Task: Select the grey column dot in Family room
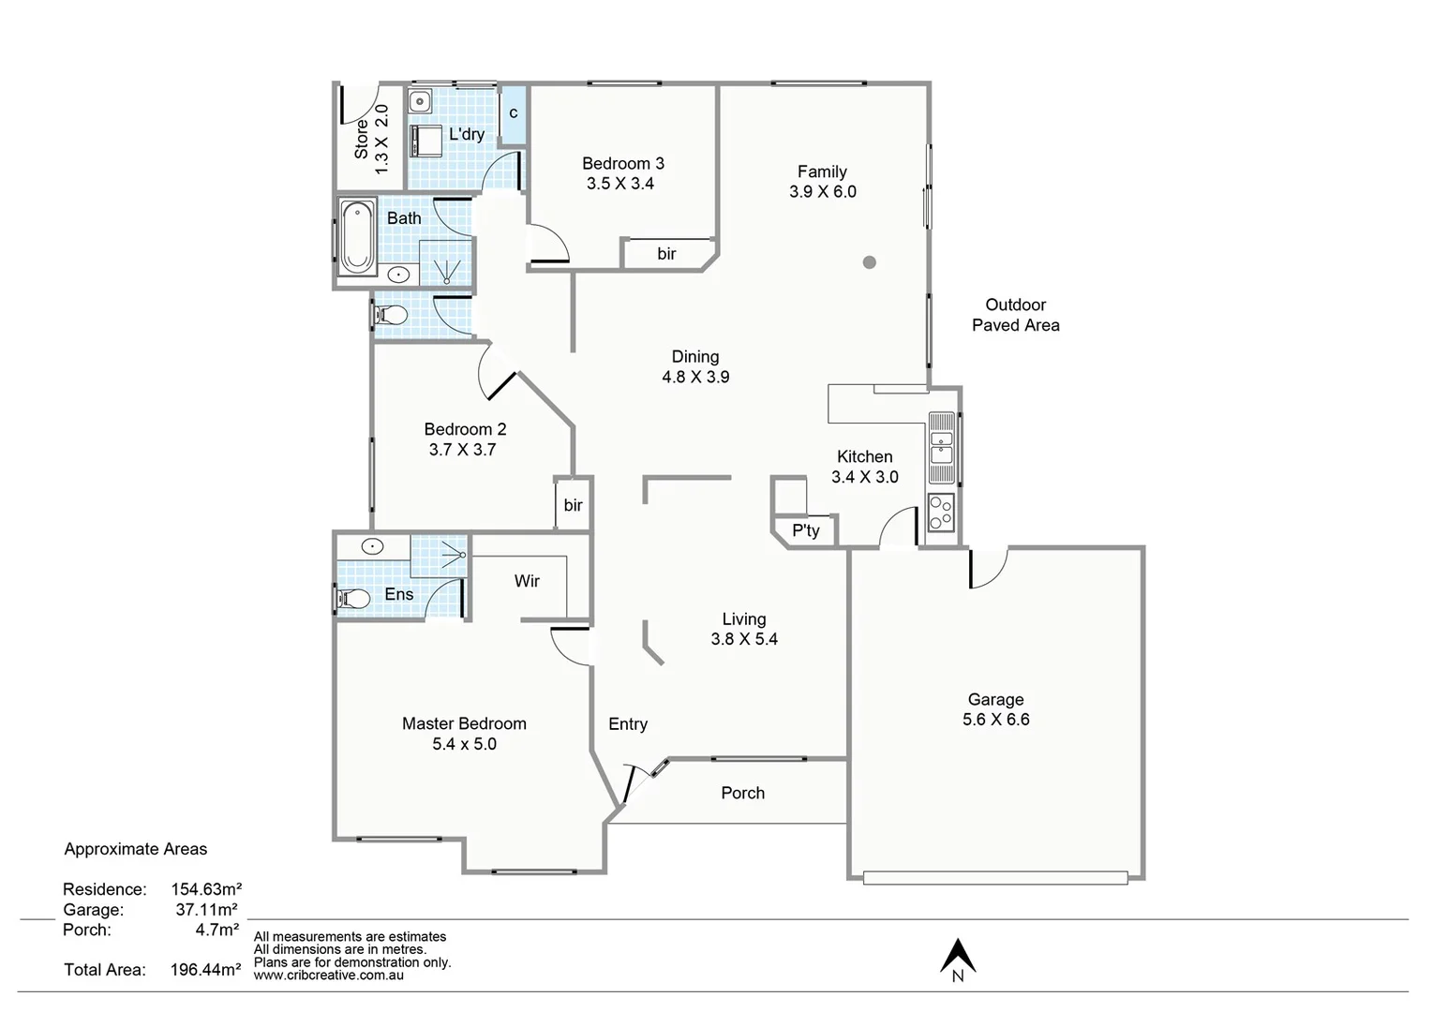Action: pyautogui.click(x=870, y=262)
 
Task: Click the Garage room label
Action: pyautogui.click(x=995, y=699)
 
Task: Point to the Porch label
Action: pyautogui.click(x=742, y=793)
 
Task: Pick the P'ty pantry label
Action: pyautogui.click(x=805, y=530)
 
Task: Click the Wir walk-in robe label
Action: pyautogui.click(x=527, y=581)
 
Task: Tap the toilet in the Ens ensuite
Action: pyautogui.click(x=352, y=597)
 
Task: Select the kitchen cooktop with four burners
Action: pyautogui.click(x=940, y=513)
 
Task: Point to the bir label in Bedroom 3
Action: pyautogui.click(x=666, y=254)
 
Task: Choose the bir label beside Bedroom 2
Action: pyautogui.click(x=573, y=505)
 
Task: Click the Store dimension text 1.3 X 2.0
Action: pyautogui.click(x=381, y=139)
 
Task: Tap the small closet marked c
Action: pyautogui.click(x=514, y=113)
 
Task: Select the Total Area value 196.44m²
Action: pyautogui.click(x=205, y=970)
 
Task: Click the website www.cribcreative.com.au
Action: pyautogui.click(x=329, y=975)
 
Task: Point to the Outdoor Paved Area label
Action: pyautogui.click(x=1015, y=315)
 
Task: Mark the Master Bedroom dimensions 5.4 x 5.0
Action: pyautogui.click(x=464, y=744)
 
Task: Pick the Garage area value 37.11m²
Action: pyautogui.click(x=206, y=909)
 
